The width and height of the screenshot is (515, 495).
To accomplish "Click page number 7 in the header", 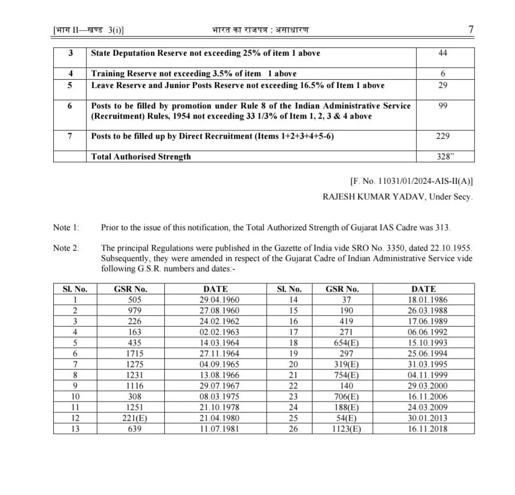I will pos(470,29).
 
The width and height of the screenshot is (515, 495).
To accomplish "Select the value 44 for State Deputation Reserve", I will pos(443,53).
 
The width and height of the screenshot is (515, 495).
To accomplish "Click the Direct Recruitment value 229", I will pos(443,136).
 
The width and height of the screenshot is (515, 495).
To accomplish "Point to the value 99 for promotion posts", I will pos(443,106).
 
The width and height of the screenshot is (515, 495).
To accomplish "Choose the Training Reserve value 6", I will pos(443,73).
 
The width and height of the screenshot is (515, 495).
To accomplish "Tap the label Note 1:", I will pos(66,227).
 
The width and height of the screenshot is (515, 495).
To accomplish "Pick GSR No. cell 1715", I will pos(130,354).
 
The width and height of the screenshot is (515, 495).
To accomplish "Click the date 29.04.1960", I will pos(215,300).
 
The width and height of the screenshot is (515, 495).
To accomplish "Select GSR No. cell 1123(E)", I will pos(342,429).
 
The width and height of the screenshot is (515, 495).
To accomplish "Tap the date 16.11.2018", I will pos(424,429).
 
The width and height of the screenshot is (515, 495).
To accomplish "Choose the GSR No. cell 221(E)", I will pos(130,418).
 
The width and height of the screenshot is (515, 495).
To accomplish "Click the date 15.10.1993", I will pos(424,343).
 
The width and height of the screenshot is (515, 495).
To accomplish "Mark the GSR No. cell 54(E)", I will pos(342,418).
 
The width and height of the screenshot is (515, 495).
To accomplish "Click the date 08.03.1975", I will pos(215,397).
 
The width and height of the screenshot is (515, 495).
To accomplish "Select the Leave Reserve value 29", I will pos(443,85).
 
